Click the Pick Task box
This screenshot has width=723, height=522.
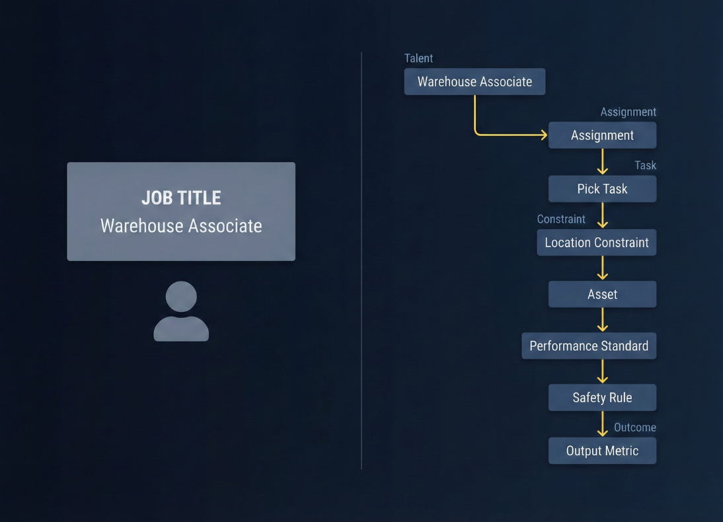click(602, 189)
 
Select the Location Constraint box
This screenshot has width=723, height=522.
click(596, 242)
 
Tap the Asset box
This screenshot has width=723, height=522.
click(602, 294)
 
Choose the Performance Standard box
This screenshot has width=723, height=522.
click(589, 346)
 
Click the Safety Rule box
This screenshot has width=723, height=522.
click(602, 398)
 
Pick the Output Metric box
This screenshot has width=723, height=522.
click(602, 451)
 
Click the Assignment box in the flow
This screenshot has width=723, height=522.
click(602, 135)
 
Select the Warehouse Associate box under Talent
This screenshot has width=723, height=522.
click(475, 82)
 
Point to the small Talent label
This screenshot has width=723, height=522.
click(418, 58)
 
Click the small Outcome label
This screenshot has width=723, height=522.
click(634, 428)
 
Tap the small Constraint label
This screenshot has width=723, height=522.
click(561, 219)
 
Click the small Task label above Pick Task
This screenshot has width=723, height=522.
click(645, 165)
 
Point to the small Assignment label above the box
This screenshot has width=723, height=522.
click(628, 112)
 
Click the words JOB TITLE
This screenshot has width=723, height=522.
click(181, 198)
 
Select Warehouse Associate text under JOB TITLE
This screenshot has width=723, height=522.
click(181, 226)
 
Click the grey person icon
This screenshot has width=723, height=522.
click(181, 312)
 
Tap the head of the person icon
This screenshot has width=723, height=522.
click(181, 297)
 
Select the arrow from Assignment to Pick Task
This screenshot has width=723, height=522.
click(602, 162)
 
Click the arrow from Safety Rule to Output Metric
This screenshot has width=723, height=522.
click(602, 424)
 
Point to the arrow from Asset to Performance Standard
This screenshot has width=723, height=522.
click(602, 320)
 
